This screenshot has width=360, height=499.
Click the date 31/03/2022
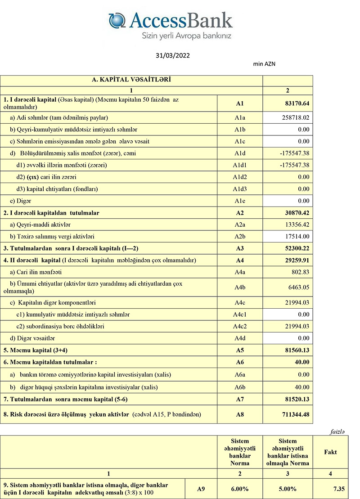(x=173, y=56)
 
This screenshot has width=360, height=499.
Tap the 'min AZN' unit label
(x=265, y=64)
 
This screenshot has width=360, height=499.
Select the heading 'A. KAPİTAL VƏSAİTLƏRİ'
(x=131, y=80)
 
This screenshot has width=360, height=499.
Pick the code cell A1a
(x=239, y=117)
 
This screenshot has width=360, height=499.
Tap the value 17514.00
(x=297, y=236)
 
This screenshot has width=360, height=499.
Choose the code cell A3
(x=239, y=248)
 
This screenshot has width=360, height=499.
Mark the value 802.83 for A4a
(x=300, y=272)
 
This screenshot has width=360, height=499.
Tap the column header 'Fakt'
(x=330, y=452)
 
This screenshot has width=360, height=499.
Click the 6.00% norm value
(x=239, y=489)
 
